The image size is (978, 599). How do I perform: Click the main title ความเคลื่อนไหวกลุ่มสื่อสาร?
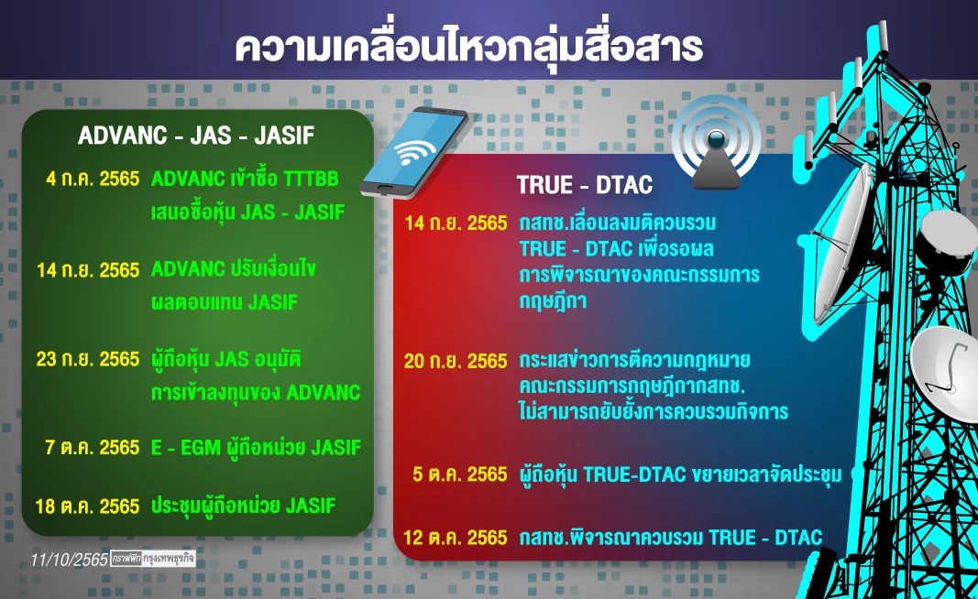468,48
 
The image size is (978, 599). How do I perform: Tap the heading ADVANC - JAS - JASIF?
195,136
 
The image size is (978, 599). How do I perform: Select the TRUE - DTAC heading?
584,186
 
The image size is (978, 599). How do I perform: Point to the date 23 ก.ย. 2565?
87,359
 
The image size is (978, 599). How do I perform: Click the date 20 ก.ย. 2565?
456,361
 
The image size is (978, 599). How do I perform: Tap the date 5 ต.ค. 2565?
461,474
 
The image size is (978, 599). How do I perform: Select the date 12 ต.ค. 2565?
456,538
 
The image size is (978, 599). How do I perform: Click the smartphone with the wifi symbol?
415,152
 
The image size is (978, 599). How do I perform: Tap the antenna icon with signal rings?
716,142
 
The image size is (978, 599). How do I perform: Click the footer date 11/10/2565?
67,558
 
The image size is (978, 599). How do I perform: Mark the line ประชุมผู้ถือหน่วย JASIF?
243,506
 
